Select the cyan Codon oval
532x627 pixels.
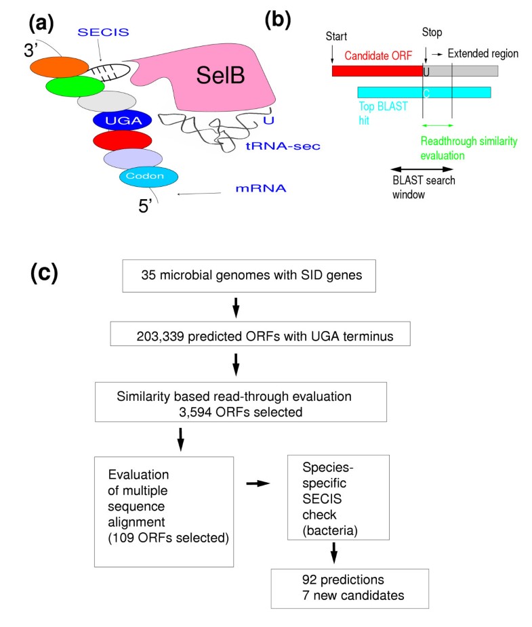click(148, 176)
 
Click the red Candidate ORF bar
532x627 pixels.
click(377, 71)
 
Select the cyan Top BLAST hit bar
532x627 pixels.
click(424, 93)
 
